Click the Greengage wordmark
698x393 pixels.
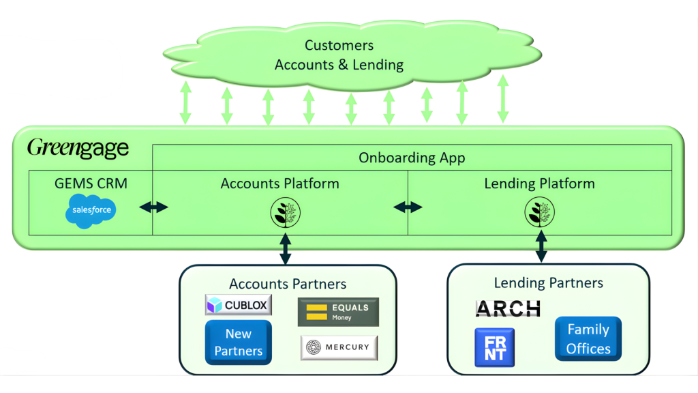[x=78, y=148]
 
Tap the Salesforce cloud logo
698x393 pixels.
[x=92, y=210]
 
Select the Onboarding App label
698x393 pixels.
[x=412, y=158]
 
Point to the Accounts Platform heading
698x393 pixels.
[x=279, y=184]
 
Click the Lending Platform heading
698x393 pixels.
[x=539, y=184]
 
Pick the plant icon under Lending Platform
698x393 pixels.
[x=539, y=212]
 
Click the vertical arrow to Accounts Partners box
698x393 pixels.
[x=286, y=248]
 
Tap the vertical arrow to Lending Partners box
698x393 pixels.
[x=541, y=246]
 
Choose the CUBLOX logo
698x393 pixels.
[x=239, y=305]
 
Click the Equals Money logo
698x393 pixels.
[x=338, y=312]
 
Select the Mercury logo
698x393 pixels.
[x=339, y=347]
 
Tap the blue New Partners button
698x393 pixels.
[x=238, y=343]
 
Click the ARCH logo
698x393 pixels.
[x=508, y=308]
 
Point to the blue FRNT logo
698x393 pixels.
[x=495, y=347]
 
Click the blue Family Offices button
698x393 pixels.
[x=588, y=338]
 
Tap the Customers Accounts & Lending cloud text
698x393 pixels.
[x=339, y=55]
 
